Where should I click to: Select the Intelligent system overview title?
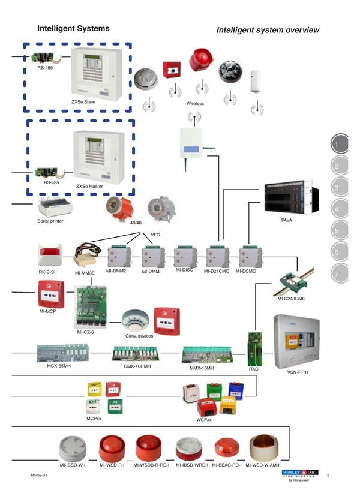pos(268,30)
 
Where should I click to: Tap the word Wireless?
pos(195,104)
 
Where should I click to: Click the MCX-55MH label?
pos(59,365)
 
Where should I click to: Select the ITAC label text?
pos(253,369)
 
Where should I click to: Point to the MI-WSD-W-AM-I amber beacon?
pos(262,447)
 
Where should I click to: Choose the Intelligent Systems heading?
pos(73,29)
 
